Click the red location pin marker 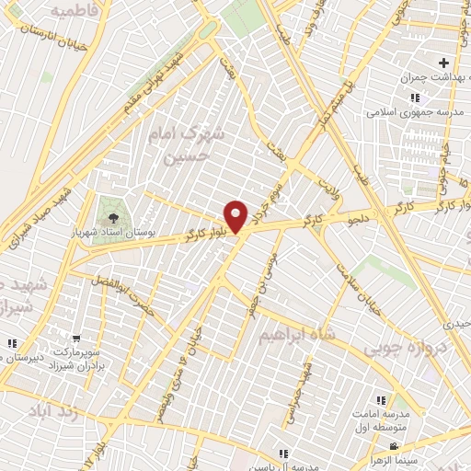pyautogui.click(x=237, y=215)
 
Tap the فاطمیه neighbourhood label pyautogui.click(x=74, y=12)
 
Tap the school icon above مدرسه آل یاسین pyautogui.click(x=284, y=454)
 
